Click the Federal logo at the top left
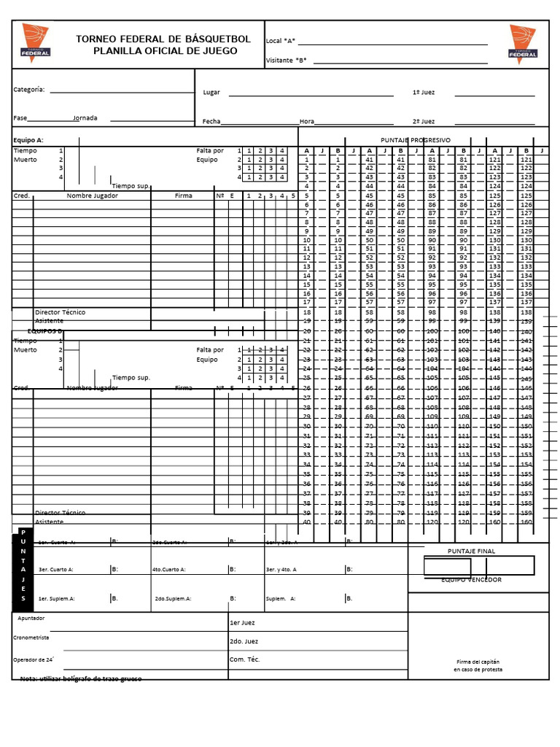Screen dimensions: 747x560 [36, 41]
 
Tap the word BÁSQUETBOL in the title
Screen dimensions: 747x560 [217, 39]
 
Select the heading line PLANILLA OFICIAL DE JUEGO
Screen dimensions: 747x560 [165, 51]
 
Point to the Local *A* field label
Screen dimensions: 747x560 [281, 41]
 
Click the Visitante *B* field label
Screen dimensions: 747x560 [287, 61]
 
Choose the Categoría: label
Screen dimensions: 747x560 [29, 90]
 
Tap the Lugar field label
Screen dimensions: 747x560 [211, 93]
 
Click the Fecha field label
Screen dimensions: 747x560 [211, 122]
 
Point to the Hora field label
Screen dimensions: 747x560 [306, 122]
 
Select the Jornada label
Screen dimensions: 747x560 [85, 117]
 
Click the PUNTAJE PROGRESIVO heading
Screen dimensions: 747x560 [415, 140]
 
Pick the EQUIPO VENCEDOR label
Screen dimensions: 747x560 [471, 580]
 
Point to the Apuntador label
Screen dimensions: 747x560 [31, 618]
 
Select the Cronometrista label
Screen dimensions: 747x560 [31, 638]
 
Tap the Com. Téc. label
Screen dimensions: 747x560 [244, 659]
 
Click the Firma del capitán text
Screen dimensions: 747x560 [478, 661]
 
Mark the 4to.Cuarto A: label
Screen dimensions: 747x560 [168, 570]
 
